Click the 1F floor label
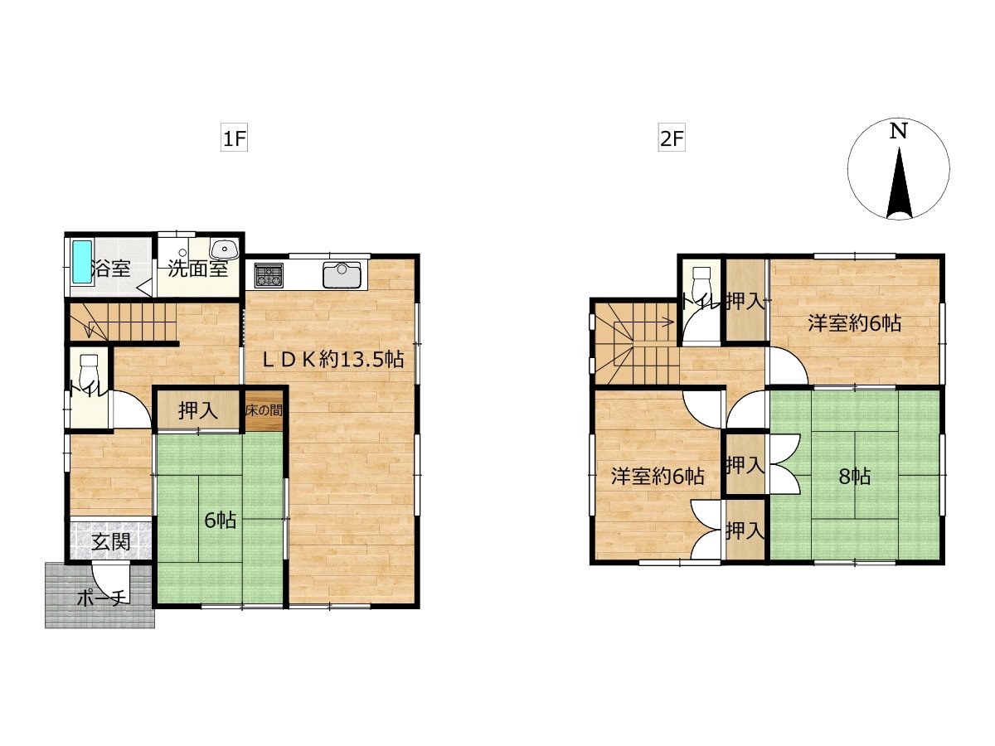(x=234, y=138)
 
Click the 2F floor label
(x=672, y=138)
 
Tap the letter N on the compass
(x=898, y=131)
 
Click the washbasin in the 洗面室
(x=224, y=249)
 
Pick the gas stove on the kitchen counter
(x=269, y=275)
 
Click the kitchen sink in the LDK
(x=342, y=274)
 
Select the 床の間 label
(x=264, y=410)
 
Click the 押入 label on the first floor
(x=198, y=410)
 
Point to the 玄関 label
(x=111, y=542)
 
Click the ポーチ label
(x=100, y=598)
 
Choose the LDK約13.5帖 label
(x=333, y=360)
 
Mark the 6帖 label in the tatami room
(x=221, y=521)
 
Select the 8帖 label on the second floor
(x=854, y=477)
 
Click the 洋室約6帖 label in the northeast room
(x=855, y=323)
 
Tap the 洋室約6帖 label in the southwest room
(x=658, y=477)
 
